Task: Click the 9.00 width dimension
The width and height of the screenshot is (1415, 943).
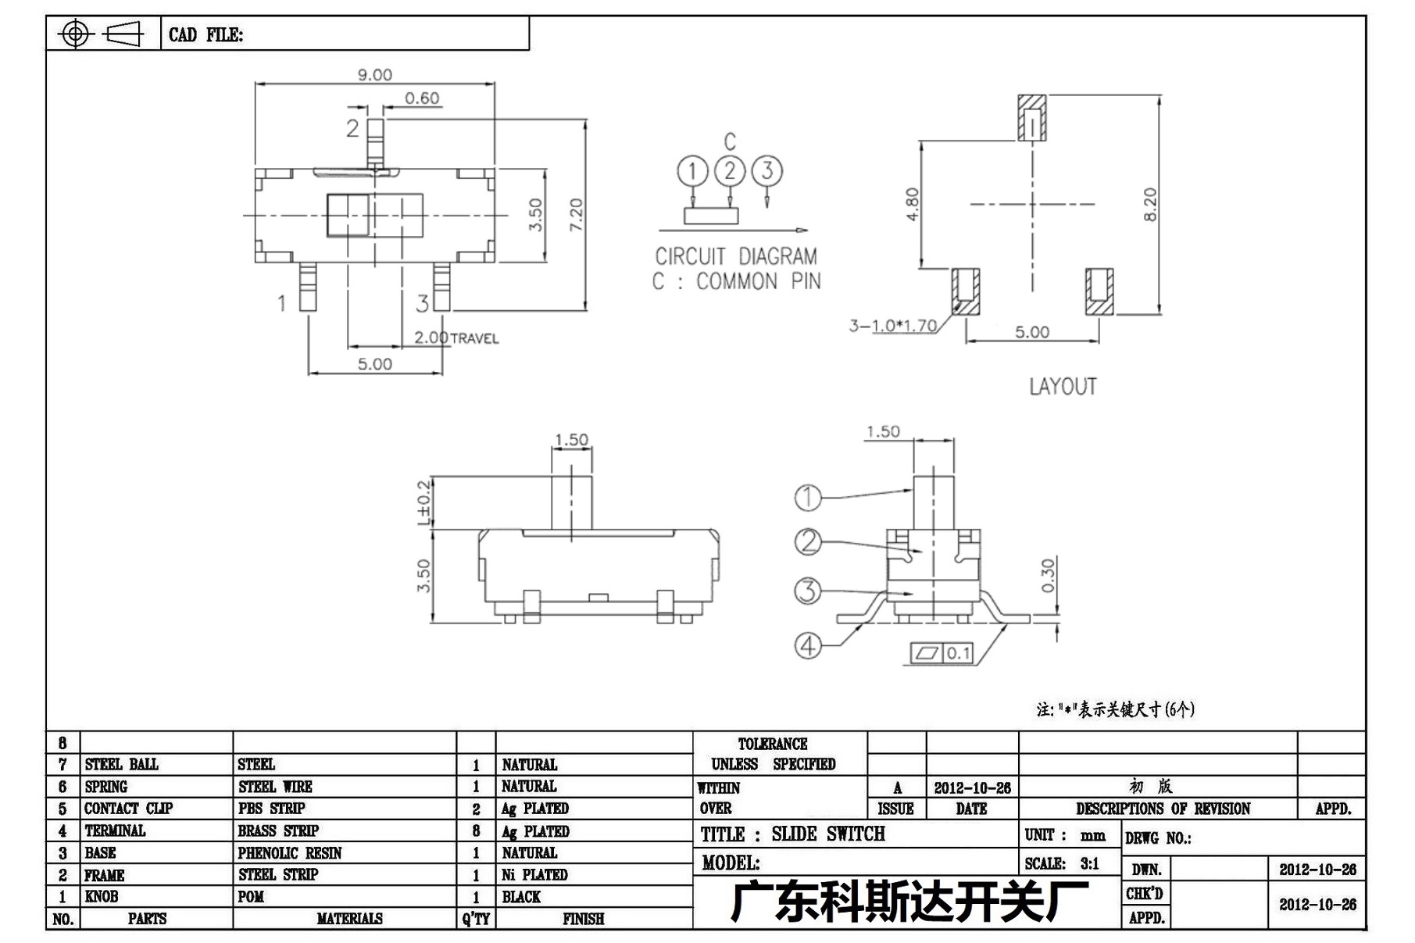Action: [x=375, y=75]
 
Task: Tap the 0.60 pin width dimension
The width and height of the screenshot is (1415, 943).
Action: [x=422, y=98]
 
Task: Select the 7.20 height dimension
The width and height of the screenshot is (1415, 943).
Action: [x=577, y=214]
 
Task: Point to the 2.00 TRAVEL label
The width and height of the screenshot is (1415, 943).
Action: [x=456, y=338]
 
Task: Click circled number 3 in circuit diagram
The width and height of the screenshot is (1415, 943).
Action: [x=767, y=170]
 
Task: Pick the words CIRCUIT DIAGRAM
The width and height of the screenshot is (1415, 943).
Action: [x=736, y=256]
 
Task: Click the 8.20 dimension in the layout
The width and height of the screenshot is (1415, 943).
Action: [x=1150, y=205]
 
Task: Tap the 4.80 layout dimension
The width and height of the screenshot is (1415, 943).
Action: [x=913, y=205]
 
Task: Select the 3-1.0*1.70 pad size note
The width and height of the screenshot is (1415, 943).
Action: [x=893, y=325]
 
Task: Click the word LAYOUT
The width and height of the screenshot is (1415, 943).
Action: [x=1063, y=387]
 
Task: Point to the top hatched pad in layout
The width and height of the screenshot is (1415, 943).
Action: [x=1032, y=118]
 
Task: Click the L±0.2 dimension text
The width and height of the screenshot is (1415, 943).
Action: [x=423, y=502]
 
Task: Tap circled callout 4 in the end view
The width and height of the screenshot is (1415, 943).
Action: [x=808, y=645]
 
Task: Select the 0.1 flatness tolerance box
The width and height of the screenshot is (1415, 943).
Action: [x=942, y=653]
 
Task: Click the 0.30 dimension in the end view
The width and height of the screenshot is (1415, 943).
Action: [x=1049, y=575]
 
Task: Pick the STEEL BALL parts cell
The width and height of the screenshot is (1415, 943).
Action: [x=121, y=764]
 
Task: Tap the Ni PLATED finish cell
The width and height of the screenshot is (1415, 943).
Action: [x=534, y=875]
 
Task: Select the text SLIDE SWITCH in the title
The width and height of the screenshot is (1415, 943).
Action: [x=828, y=834]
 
